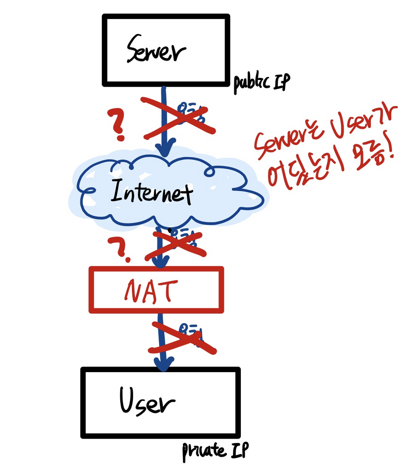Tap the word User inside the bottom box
click(147, 402)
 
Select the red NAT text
click(150, 290)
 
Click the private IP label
click(215, 451)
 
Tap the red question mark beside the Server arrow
click(117, 125)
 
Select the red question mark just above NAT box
click(122, 250)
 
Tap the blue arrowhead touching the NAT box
click(162, 262)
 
